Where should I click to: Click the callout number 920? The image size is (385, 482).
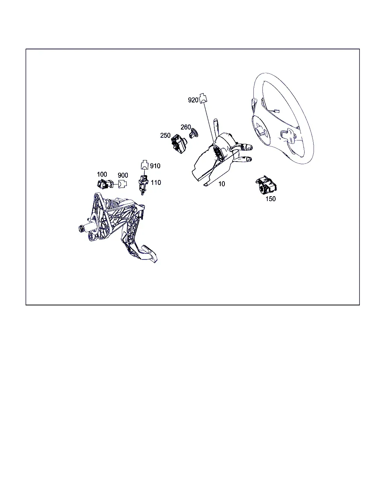[x=193, y=100]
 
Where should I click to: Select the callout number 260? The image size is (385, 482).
[x=186, y=127]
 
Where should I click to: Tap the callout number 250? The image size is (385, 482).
[x=165, y=136]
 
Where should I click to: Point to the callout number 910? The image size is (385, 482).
[x=155, y=166]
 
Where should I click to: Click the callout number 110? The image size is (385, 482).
[x=156, y=183]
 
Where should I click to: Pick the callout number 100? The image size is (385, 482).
[x=102, y=174]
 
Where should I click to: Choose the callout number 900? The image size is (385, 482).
[x=123, y=175]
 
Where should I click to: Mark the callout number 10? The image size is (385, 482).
[x=221, y=184]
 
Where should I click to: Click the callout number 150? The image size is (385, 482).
[x=270, y=199]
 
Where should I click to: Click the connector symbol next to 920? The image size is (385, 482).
[x=203, y=99]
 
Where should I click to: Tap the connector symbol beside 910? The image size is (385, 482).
[x=145, y=165]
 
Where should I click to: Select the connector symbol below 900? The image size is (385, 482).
[x=122, y=184]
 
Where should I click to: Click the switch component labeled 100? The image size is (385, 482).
[x=105, y=184]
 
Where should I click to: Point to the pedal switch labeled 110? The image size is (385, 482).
[x=143, y=185]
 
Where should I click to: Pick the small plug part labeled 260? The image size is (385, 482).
[x=194, y=134]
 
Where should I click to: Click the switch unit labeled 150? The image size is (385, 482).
[x=266, y=185]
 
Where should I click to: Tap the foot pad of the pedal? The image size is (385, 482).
[x=149, y=254]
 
